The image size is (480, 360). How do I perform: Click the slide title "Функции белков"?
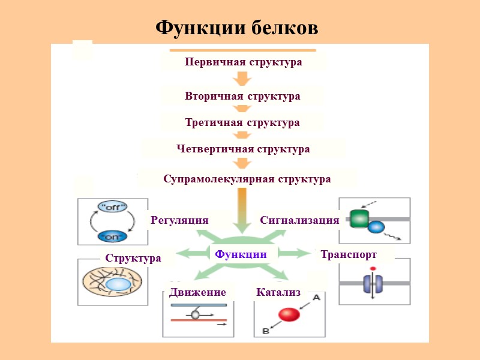(x=236, y=28)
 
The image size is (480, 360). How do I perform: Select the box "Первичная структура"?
(x=243, y=62)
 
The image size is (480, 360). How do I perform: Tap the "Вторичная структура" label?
(x=242, y=96)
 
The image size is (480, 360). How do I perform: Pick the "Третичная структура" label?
(x=242, y=122)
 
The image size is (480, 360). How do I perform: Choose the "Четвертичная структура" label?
(x=243, y=149)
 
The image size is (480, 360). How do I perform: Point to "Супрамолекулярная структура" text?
(x=247, y=179)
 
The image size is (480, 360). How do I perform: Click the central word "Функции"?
(x=241, y=254)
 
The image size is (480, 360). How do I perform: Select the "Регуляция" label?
(x=179, y=220)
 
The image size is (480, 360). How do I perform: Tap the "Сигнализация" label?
(x=299, y=220)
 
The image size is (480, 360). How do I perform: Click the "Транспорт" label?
(x=349, y=254)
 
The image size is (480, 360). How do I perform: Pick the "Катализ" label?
(x=278, y=292)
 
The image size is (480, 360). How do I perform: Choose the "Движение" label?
(x=197, y=292)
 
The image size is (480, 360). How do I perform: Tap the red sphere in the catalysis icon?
(x=289, y=315)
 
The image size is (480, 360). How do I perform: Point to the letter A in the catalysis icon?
(x=316, y=297)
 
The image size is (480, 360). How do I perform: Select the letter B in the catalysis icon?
(x=265, y=331)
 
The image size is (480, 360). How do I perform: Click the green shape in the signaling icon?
(x=359, y=218)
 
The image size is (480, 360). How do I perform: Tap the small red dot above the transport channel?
(x=373, y=268)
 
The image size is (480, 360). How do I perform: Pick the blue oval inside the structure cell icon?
(x=118, y=284)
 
